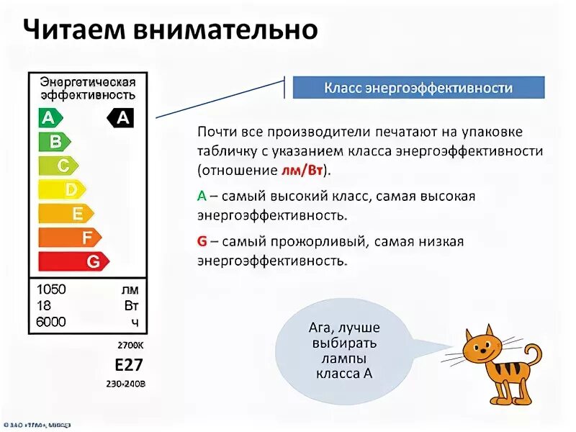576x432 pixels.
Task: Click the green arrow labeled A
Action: click(x=50, y=117)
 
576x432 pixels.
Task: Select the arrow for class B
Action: click(x=54, y=141)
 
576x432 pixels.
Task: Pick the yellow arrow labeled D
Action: click(x=66, y=189)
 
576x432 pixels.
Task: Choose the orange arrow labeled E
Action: click(x=70, y=213)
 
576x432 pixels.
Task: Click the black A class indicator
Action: click(x=121, y=117)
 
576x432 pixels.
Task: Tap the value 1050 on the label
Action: click(x=51, y=289)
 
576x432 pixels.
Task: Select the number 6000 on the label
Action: click(x=51, y=322)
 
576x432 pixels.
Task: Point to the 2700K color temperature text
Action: click(x=132, y=345)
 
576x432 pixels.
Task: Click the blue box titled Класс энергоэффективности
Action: click(x=418, y=88)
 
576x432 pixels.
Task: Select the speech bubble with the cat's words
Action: click(x=344, y=350)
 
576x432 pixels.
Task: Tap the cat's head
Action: click(x=481, y=350)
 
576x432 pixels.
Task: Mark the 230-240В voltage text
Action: click(x=126, y=383)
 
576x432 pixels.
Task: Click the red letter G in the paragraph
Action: click(x=202, y=241)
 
